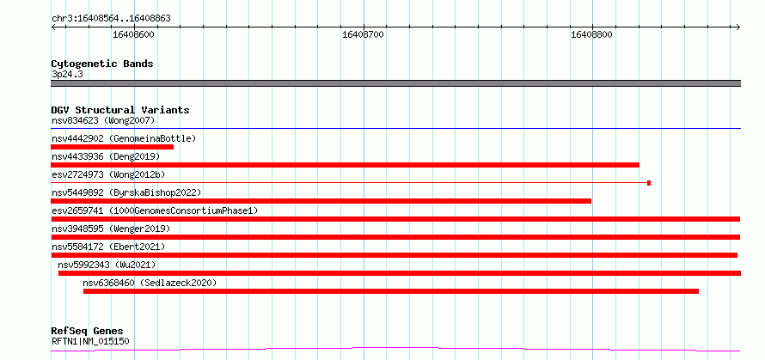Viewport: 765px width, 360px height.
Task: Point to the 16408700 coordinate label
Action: click(x=363, y=34)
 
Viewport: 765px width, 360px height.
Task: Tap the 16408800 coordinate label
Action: click(x=591, y=34)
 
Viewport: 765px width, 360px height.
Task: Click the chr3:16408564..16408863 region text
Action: click(x=111, y=19)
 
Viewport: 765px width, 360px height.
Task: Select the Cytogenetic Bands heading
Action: click(x=102, y=64)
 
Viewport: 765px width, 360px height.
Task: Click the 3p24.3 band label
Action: click(x=67, y=75)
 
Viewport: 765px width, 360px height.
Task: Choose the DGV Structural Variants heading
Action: click(x=120, y=110)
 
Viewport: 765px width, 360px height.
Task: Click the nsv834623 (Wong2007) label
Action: click(x=103, y=120)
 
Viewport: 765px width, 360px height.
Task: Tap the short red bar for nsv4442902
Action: click(x=113, y=147)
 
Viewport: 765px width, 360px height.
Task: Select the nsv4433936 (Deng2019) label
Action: click(x=106, y=156)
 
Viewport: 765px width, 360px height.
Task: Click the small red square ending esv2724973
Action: click(x=649, y=183)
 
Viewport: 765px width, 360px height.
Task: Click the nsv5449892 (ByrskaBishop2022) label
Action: click(x=126, y=192)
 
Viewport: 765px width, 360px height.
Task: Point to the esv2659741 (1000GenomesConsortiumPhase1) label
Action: click(x=155, y=211)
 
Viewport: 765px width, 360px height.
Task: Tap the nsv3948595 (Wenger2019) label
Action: click(x=111, y=229)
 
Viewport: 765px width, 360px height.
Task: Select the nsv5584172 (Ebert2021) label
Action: click(x=108, y=247)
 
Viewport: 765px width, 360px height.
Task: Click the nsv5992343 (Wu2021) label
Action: click(x=107, y=265)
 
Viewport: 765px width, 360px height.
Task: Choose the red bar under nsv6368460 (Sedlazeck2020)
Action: click(x=391, y=291)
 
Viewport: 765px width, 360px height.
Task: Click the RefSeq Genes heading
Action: click(x=87, y=332)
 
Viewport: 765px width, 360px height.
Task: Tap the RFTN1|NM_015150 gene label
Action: click(x=90, y=341)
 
